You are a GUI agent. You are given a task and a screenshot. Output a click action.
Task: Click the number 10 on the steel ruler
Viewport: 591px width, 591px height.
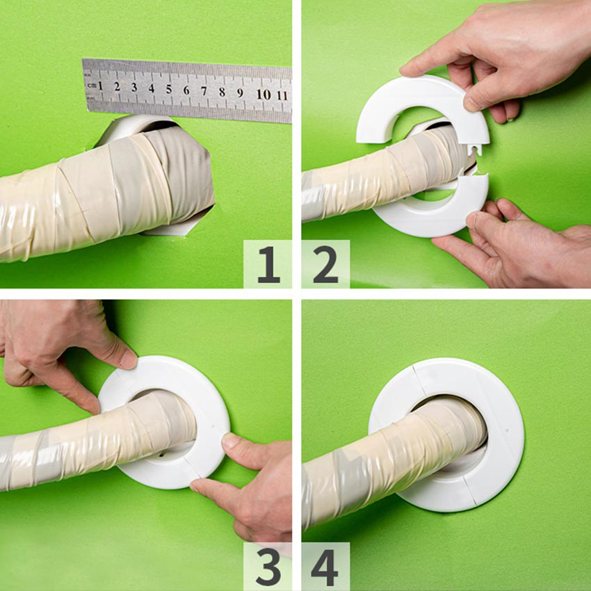click(264, 95)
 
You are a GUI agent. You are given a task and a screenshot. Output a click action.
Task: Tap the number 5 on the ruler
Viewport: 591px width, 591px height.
click(169, 89)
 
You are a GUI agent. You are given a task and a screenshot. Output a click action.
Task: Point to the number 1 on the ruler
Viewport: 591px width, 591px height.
click(100, 86)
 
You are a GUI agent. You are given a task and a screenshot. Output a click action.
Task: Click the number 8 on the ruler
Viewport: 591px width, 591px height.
click(222, 92)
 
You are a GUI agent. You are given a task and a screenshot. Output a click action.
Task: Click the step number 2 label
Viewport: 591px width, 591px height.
click(325, 264)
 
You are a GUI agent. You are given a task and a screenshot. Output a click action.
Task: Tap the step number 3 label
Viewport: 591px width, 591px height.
click(268, 567)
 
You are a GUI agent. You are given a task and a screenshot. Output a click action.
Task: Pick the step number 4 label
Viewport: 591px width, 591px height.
click(325, 567)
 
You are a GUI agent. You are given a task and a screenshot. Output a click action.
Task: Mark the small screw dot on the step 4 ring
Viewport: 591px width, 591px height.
click(508, 430)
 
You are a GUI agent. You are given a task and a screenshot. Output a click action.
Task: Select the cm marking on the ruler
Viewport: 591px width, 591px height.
click(91, 86)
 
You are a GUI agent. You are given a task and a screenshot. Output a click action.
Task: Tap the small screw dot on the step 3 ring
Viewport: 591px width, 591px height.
click(213, 427)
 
